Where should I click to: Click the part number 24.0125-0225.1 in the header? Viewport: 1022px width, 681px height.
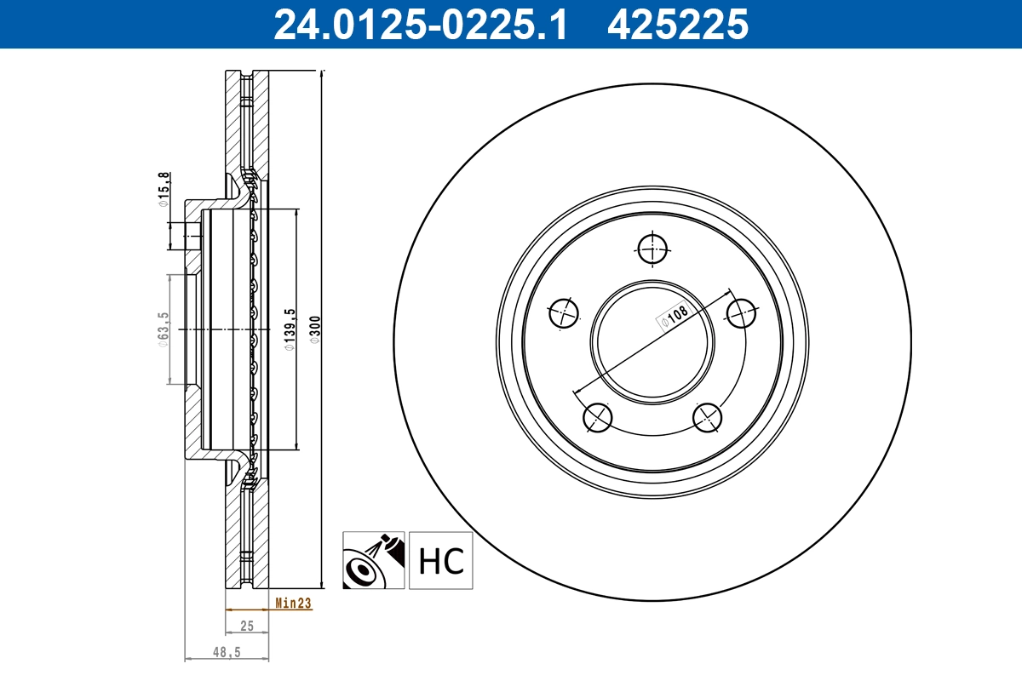[x=419, y=24]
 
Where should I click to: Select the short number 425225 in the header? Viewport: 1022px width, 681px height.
[x=677, y=24]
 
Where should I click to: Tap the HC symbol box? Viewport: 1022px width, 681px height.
[x=440, y=560]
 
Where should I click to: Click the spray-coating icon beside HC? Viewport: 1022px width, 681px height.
[x=374, y=560]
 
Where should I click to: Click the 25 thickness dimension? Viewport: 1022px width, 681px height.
[x=247, y=626]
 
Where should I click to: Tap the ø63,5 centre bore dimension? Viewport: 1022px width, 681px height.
[x=163, y=329]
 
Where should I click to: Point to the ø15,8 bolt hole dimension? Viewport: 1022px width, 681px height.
[x=163, y=190]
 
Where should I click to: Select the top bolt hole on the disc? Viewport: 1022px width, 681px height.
[x=653, y=249]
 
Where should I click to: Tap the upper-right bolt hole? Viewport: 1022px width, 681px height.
[x=742, y=313]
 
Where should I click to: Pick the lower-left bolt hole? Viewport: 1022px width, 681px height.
[x=598, y=416]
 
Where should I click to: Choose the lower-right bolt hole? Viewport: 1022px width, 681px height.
[x=708, y=416]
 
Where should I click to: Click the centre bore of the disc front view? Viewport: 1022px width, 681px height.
[x=653, y=340]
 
